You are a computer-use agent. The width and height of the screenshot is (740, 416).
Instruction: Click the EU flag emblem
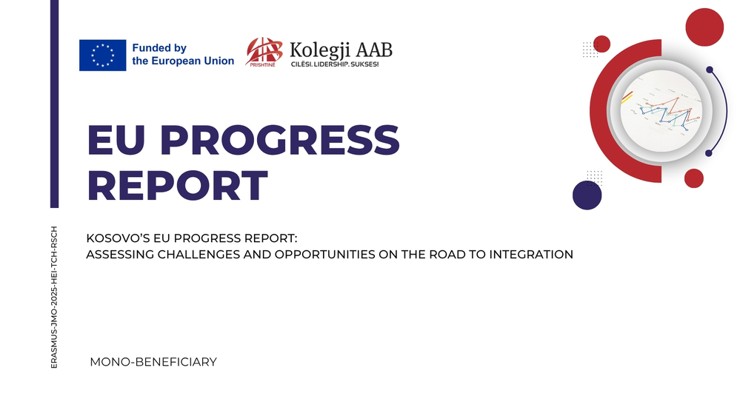click(102, 56)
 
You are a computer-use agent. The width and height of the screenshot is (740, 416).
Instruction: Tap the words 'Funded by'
click(159, 48)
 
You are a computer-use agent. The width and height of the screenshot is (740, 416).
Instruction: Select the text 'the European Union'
click(183, 61)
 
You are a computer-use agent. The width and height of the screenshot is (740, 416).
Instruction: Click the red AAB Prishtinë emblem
click(264, 52)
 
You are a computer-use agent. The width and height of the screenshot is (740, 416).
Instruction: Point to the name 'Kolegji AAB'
click(341, 50)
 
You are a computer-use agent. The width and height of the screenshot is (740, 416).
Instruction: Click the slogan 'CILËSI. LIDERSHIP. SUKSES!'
click(335, 64)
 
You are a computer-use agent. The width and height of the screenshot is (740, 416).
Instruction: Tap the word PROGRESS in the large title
click(279, 140)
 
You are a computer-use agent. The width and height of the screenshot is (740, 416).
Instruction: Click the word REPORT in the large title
click(178, 186)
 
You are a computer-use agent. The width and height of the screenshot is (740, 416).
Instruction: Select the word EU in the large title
click(116, 140)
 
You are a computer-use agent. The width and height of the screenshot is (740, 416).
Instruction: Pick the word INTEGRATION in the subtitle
click(531, 254)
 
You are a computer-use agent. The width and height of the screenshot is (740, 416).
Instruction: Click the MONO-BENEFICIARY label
click(153, 362)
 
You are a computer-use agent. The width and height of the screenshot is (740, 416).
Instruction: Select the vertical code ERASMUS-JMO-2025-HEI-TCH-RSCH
click(54, 297)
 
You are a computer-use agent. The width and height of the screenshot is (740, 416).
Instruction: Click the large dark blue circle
click(587, 195)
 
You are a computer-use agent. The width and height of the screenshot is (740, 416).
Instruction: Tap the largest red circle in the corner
click(704, 27)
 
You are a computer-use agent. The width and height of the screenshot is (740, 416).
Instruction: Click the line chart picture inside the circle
click(661, 111)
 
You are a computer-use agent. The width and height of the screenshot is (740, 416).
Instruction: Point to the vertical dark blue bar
click(54, 104)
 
